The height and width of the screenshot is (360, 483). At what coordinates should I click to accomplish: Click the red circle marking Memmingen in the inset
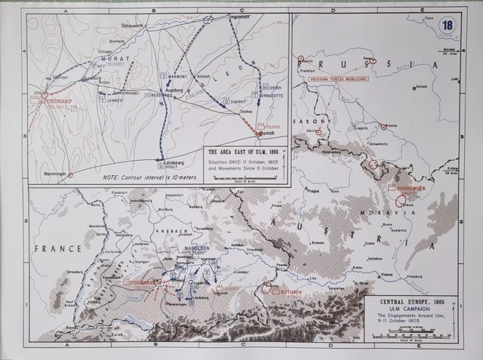click(70, 174)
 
